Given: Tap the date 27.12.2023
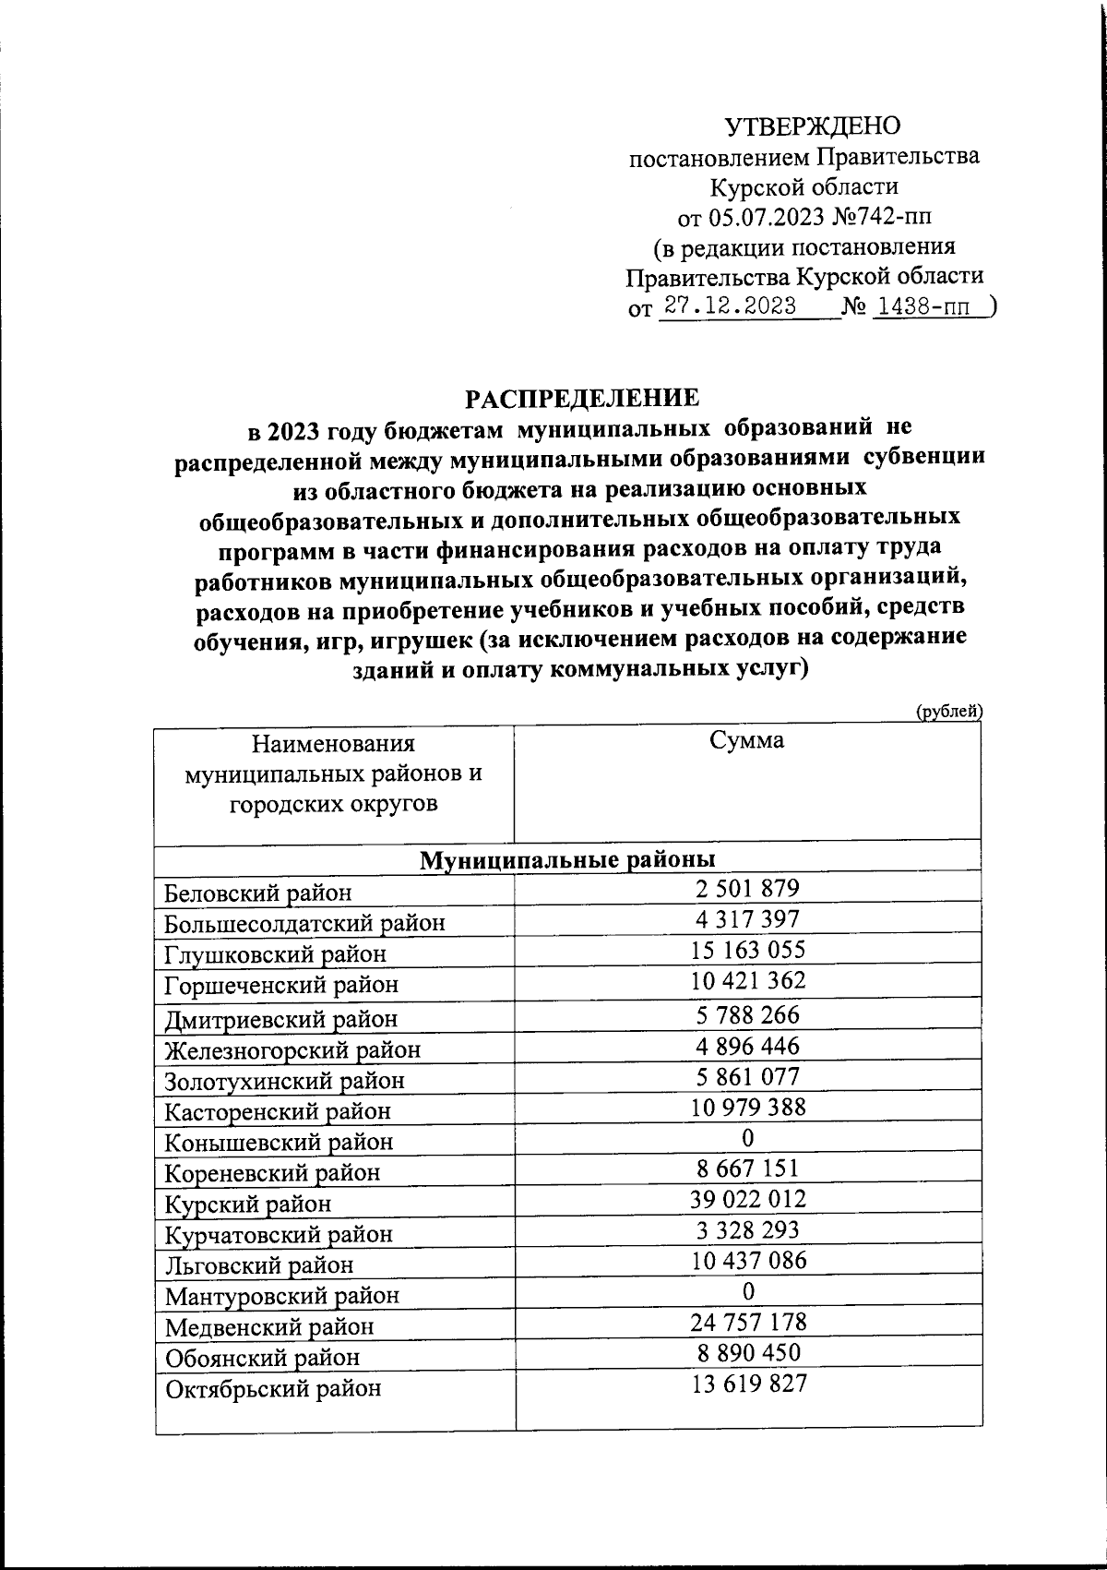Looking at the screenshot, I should (x=731, y=306).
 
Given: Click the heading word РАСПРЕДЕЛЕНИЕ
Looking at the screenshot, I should (x=581, y=398).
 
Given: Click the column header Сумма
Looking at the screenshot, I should (x=747, y=740).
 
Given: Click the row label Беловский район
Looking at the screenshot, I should (x=258, y=893).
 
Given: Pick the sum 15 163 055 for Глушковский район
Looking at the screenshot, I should (x=748, y=950).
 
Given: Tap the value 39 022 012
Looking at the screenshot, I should (x=748, y=1199).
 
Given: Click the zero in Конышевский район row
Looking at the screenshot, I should (x=747, y=1137).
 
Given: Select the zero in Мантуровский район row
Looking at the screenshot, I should (x=747, y=1290).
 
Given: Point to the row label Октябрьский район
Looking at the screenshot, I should (x=273, y=1388).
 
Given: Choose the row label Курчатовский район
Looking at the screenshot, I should (x=279, y=1234).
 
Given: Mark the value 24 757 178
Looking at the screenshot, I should (x=748, y=1322).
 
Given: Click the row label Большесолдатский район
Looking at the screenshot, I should (x=304, y=923).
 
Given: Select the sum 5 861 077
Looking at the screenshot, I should (x=748, y=1076).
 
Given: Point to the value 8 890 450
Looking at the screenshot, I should (x=748, y=1352).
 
